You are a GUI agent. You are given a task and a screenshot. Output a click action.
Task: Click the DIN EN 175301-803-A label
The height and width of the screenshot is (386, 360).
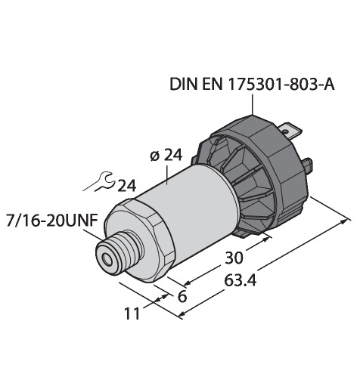click(x=252, y=85)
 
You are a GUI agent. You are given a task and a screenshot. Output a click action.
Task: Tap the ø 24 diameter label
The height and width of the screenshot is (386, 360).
click(x=166, y=156)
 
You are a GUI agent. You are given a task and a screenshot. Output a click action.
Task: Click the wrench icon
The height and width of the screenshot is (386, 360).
click(x=99, y=182)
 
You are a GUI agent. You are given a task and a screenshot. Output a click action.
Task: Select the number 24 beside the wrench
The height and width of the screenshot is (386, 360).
click(x=127, y=186)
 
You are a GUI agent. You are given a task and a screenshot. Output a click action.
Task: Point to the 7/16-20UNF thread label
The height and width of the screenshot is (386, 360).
click(x=52, y=221)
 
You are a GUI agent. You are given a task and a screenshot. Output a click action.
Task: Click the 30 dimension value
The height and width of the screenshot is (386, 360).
click(x=234, y=258)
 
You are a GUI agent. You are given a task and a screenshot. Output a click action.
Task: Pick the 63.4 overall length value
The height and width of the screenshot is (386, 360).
click(x=241, y=280)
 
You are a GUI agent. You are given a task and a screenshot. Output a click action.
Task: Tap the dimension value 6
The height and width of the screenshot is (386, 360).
click(x=182, y=296)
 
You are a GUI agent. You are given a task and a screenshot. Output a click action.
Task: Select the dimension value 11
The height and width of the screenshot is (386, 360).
click(x=132, y=313)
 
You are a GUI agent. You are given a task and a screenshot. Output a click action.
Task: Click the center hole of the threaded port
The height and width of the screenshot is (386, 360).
click(x=108, y=260)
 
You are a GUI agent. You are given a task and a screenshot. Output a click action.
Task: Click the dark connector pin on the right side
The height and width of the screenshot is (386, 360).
click(x=309, y=165)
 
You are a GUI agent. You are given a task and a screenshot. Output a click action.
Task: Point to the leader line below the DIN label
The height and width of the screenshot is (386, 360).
click(x=253, y=104)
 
